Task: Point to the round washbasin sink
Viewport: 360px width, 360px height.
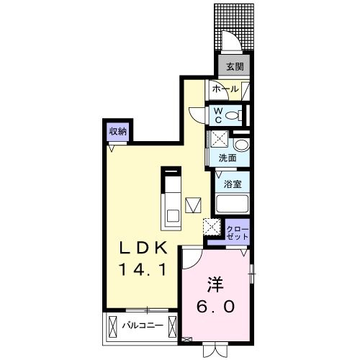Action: pos(239,145)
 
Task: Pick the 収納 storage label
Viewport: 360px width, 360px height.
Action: pos(118,131)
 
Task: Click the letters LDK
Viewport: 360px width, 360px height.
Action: pos(143,248)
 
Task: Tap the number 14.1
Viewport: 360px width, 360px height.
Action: pos(143,271)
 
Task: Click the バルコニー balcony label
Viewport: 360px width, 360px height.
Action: pos(142,325)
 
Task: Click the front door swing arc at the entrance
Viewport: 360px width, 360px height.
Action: pos(229,42)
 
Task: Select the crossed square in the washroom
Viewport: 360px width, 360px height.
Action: pos(217,140)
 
